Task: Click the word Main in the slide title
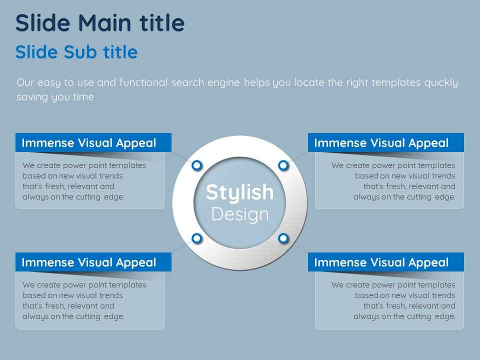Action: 104,23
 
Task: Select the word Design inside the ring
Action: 240,214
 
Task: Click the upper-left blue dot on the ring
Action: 197,165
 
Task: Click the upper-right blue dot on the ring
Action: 283,165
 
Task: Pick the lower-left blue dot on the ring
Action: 197,238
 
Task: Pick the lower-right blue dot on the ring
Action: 283,238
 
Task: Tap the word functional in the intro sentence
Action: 143,82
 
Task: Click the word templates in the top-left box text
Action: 127,165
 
